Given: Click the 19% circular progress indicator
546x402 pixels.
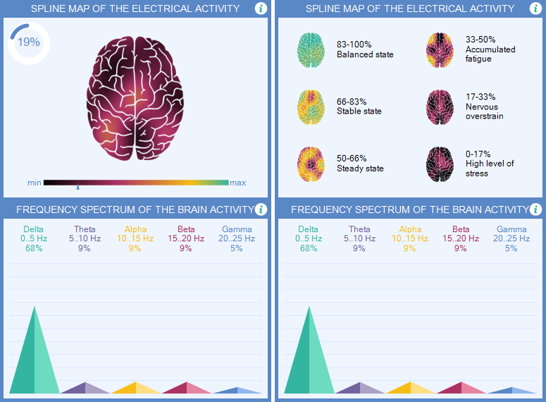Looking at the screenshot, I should [x=28, y=42].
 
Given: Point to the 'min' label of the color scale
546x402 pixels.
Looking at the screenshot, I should [x=34, y=183].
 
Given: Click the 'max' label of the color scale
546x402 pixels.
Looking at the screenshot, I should [x=238, y=183].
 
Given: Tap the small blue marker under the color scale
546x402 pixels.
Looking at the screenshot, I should [x=77, y=188].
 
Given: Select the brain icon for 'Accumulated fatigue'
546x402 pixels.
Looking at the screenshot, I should [x=440, y=49].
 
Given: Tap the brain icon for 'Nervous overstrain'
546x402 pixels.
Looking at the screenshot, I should [x=440, y=106].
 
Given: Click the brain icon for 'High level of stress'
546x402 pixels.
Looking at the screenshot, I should [x=440, y=163].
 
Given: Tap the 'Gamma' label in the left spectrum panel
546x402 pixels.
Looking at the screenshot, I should [x=237, y=229].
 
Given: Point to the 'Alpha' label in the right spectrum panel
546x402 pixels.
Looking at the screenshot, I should [x=410, y=229].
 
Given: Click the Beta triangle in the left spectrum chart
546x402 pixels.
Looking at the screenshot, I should [x=186, y=388].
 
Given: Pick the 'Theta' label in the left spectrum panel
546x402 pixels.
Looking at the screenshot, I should [x=85, y=229].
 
